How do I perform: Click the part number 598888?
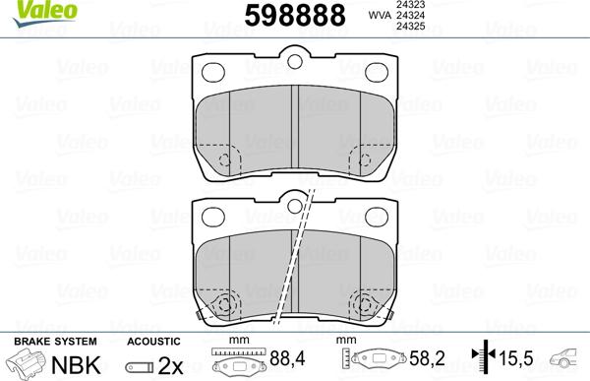pyautogui.click(x=295, y=16)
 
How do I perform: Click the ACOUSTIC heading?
pyautogui.click(x=152, y=340)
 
